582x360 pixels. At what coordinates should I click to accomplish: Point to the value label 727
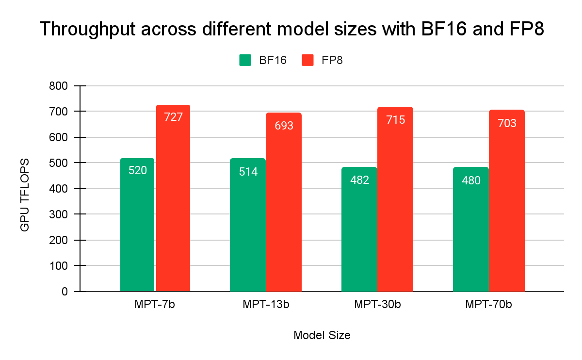(173, 117)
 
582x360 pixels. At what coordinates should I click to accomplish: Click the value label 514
(248, 171)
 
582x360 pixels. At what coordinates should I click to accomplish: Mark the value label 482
(360, 180)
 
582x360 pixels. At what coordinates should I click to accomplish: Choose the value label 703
(507, 123)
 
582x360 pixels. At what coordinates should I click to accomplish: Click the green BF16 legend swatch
(245, 60)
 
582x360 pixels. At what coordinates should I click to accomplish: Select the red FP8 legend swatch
(307, 60)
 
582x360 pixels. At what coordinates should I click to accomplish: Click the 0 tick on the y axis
(65, 292)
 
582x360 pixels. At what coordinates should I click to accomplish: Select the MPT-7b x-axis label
(155, 305)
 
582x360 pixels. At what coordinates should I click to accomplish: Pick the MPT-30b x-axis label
(377, 305)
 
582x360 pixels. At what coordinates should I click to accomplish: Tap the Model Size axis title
(322, 335)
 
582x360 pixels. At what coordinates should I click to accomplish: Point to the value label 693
(284, 126)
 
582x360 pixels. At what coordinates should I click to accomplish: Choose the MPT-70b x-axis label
(489, 305)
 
